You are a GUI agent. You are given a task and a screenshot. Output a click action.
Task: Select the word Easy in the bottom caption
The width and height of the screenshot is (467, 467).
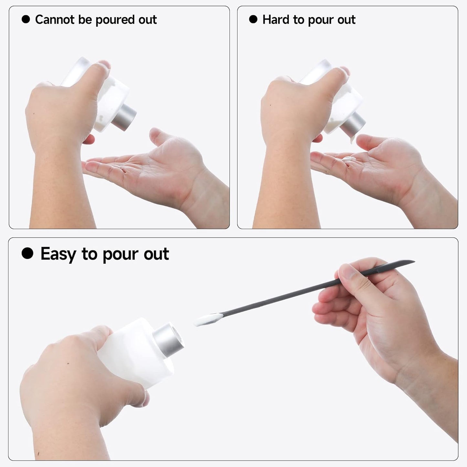58,254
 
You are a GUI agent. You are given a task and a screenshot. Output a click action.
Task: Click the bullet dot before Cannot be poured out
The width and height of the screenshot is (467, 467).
26,19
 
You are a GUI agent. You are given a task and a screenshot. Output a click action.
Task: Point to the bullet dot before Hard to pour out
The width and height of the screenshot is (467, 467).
253,19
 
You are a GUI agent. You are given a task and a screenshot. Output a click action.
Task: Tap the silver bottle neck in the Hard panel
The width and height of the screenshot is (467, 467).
353,124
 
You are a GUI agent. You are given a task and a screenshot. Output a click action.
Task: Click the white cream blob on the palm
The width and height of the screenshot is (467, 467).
348,159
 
